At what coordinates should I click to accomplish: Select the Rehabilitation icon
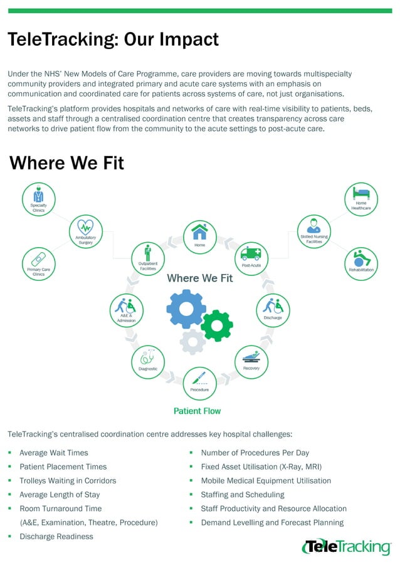pyautogui.click(x=361, y=261)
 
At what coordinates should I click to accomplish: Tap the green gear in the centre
pyautogui.click(x=216, y=325)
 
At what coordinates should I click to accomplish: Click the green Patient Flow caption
pyautogui.click(x=197, y=411)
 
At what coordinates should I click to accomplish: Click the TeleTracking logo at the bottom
pyautogui.click(x=346, y=547)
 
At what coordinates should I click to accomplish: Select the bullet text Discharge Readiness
pyautogui.click(x=56, y=536)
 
